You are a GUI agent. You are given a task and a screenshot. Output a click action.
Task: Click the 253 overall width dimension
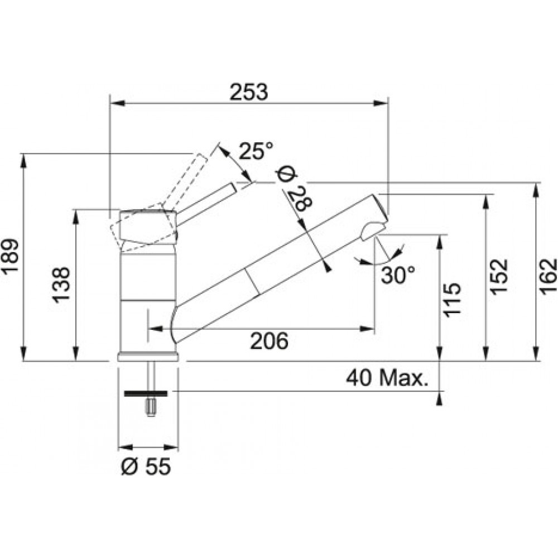[x=248, y=93]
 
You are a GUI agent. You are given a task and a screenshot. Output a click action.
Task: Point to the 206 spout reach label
[x=269, y=340]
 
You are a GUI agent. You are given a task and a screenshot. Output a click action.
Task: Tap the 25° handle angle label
[x=256, y=151]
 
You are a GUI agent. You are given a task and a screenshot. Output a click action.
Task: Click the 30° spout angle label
[x=398, y=275]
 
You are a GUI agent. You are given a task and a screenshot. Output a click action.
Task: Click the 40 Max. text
[x=387, y=378]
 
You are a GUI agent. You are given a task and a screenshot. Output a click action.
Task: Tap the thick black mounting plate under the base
[x=146, y=393]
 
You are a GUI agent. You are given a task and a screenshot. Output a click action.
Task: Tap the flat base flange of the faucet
[x=148, y=357]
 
